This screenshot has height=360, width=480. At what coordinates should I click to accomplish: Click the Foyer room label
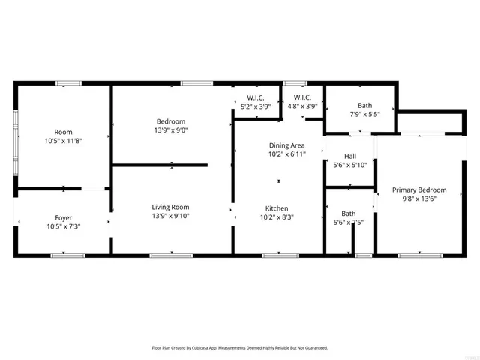coord(63,218)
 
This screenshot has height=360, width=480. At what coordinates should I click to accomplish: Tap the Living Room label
coord(170,208)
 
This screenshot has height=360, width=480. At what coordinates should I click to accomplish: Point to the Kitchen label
coord(277,208)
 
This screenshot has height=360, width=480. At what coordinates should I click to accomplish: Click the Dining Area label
coord(286,145)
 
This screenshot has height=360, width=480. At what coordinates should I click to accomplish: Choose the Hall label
coord(349,156)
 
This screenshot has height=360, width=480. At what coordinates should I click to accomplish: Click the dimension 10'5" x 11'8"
coord(63,140)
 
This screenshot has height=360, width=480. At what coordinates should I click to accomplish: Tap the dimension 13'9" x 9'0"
coord(170,130)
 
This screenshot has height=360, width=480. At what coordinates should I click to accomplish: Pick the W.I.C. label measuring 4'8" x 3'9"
coord(302,106)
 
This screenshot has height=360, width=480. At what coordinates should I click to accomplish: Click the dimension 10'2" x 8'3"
coord(277,217)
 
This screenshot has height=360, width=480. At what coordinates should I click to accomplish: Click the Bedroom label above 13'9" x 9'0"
coord(170,121)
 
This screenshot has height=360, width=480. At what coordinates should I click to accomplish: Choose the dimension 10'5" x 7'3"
coord(63,227)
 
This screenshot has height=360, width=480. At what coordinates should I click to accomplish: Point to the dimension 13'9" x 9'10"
coord(170,217)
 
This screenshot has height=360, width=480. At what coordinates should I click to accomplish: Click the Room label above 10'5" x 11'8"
coord(63,131)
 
